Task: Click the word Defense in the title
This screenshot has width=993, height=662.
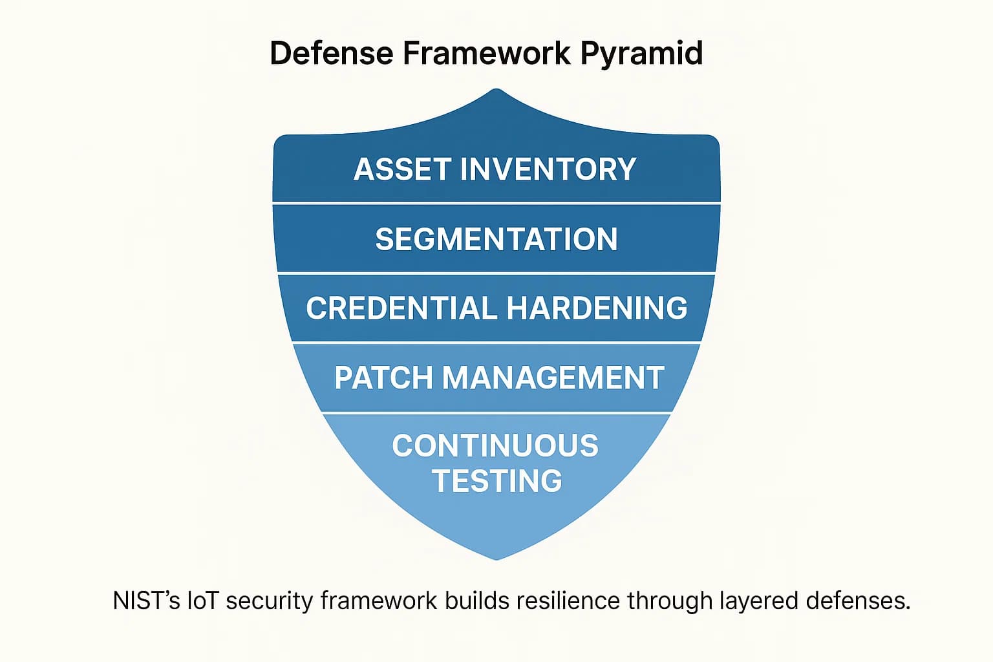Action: (331, 53)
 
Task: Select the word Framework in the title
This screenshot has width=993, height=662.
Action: (486, 53)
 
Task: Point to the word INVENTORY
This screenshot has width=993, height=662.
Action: (548, 169)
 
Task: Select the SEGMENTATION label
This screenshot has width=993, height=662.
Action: (496, 239)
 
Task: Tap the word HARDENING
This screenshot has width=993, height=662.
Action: (597, 308)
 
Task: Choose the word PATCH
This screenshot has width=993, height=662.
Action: (383, 378)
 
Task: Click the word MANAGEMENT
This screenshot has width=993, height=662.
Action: (553, 378)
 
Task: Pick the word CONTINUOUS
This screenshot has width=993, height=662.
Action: (495, 446)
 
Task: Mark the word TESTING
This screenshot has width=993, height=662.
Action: (496, 481)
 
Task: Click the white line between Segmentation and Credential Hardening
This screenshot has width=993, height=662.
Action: (496, 273)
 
